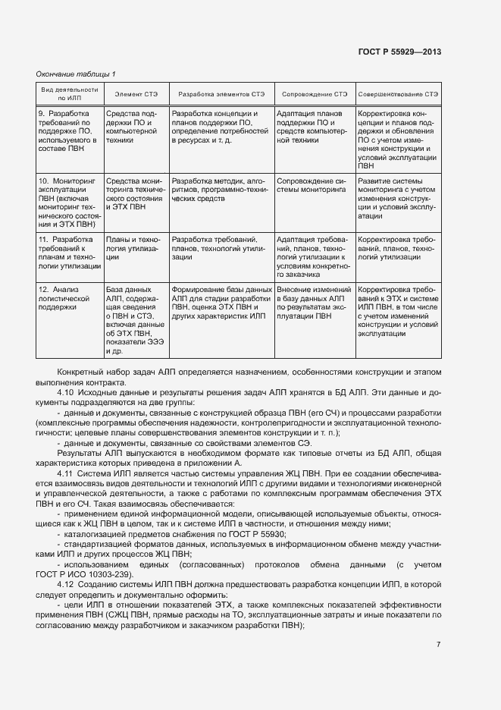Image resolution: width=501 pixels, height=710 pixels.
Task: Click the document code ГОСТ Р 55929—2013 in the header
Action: [399, 52]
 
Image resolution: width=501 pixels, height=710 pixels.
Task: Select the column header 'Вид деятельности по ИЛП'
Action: [69, 93]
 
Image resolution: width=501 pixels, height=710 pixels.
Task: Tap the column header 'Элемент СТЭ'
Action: [136, 93]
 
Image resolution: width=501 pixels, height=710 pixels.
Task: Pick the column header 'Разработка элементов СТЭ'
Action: [221, 93]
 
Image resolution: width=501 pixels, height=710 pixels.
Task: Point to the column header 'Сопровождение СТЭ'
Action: [315, 93]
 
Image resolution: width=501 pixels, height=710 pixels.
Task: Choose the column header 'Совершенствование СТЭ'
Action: [398, 93]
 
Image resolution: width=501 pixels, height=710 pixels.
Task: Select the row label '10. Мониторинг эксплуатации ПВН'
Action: [69, 203]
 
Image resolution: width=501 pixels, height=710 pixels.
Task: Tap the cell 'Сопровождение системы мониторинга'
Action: [311, 187]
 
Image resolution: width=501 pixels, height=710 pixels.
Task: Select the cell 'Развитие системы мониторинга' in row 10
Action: [397, 198]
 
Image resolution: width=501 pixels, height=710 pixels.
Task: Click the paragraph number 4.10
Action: [66, 392]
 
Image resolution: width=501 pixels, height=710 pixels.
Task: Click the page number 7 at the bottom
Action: [438, 644]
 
